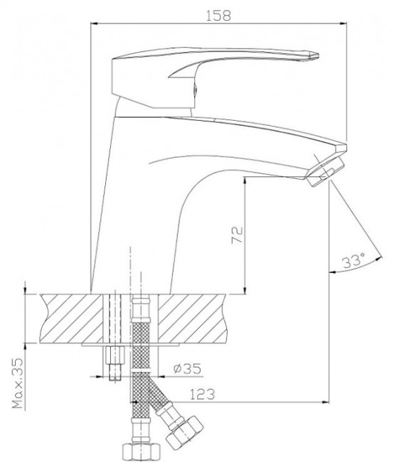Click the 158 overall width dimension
tap(218, 16)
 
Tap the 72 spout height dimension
tap(238, 235)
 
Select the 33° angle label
tap(353, 260)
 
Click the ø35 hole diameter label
tap(187, 368)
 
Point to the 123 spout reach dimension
tap(202, 394)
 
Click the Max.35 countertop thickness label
tap(18, 383)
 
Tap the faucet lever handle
tap(215, 77)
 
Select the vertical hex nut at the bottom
tap(142, 452)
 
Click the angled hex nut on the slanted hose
tap(184, 431)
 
